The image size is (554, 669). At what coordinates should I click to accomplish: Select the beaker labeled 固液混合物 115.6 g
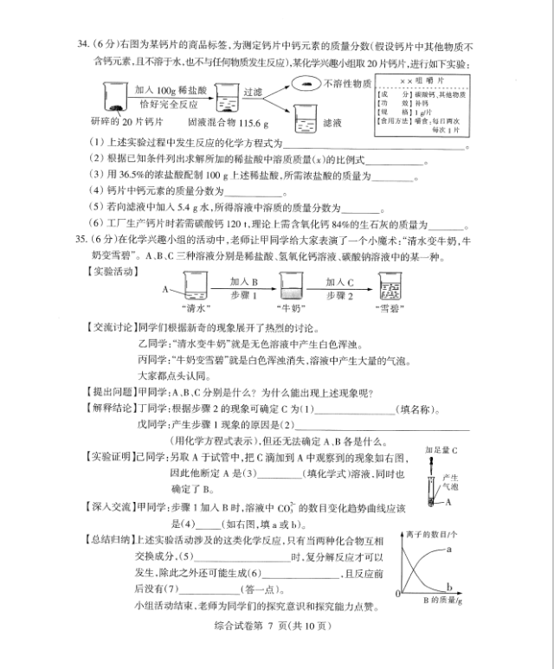[228, 98]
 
